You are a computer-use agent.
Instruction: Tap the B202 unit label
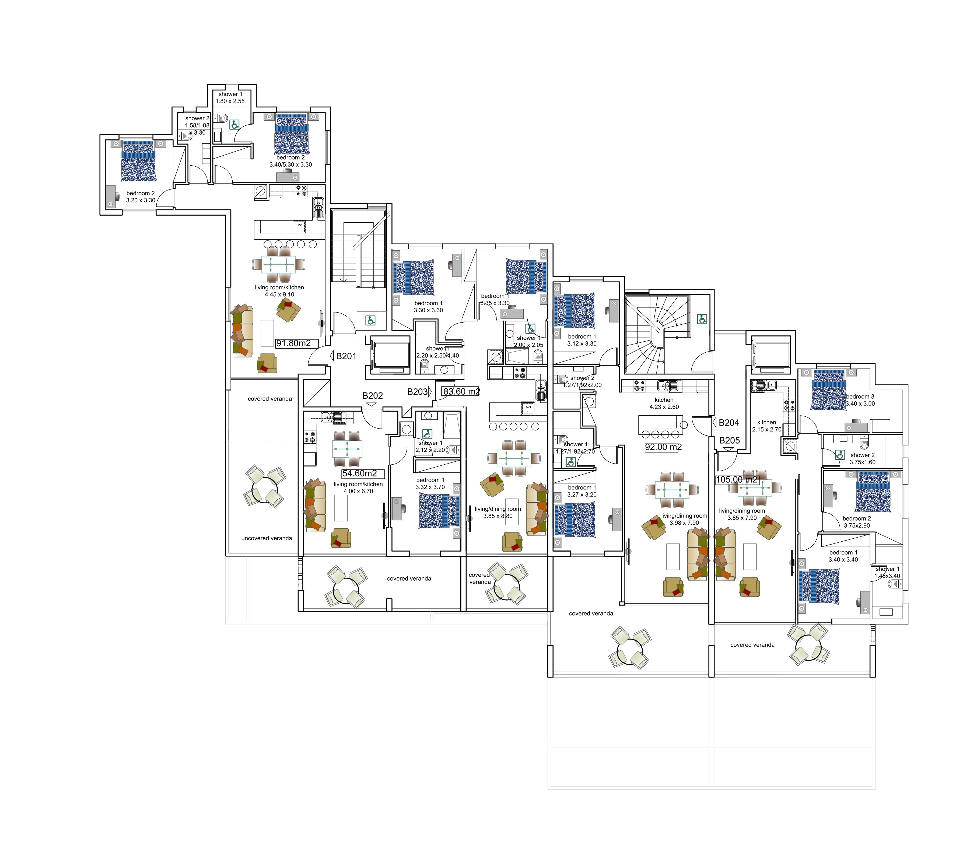(373, 395)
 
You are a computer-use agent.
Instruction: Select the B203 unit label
(417, 392)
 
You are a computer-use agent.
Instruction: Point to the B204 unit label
(729, 423)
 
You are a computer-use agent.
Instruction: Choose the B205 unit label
(729, 440)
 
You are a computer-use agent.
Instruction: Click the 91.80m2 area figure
(293, 343)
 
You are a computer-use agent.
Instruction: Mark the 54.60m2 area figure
(359, 473)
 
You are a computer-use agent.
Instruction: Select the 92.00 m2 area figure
(663, 447)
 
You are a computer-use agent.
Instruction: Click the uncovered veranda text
(267, 538)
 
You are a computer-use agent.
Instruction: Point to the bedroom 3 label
(860, 397)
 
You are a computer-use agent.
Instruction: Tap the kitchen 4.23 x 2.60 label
(664, 403)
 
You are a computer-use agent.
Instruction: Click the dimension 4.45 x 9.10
(279, 294)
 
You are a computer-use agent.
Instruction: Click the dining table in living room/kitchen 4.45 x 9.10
(279, 264)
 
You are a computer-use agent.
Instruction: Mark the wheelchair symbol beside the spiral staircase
(702, 320)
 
